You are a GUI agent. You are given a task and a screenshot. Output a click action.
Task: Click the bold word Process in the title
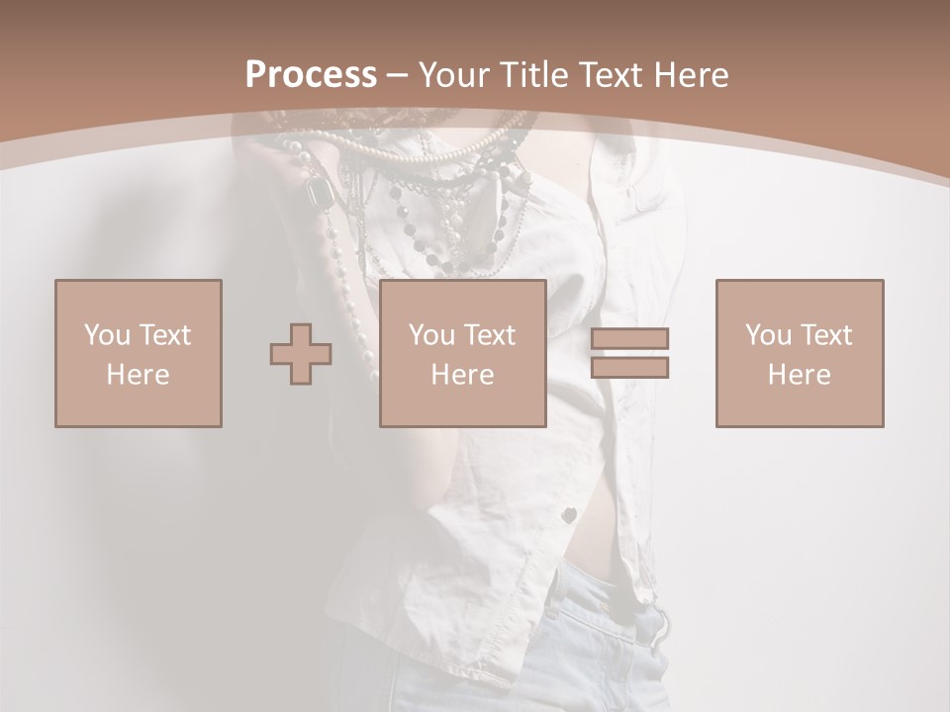point(311,75)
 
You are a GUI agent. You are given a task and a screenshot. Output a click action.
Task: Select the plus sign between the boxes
point(301,354)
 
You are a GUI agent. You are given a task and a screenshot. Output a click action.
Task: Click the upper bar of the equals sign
point(629,338)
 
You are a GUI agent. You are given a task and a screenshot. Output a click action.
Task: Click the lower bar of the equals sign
point(629,368)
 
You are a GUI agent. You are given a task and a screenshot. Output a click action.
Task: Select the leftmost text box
point(139,353)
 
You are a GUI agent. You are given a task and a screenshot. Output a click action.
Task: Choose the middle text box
point(462,353)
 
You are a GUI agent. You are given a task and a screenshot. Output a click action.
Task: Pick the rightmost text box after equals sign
point(800,353)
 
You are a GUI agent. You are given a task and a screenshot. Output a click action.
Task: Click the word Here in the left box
point(139,375)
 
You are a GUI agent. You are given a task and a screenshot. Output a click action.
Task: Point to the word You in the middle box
point(430,335)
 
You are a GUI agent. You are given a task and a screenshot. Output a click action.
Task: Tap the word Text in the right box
point(827,335)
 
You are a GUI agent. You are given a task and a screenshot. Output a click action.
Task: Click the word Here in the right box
point(800,375)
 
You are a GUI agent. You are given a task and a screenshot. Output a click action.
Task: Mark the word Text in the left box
point(164,335)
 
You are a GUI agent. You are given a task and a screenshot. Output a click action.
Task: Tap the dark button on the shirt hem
point(571,514)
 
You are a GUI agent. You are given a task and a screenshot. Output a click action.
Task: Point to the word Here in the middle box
point(462,375)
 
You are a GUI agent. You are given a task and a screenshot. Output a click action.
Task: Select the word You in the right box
point(768,335)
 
